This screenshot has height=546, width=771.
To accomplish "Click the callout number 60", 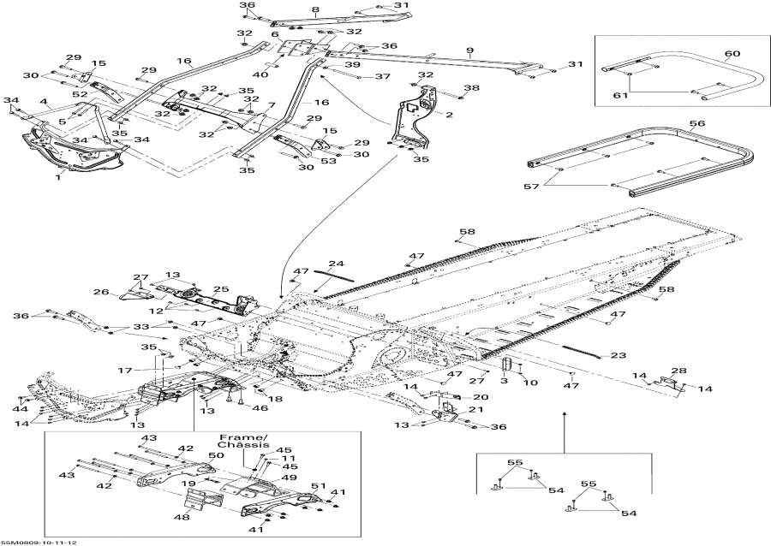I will (732, 53).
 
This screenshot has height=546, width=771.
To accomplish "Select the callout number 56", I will (697, 123).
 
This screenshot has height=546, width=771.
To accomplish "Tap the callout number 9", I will (469, 50).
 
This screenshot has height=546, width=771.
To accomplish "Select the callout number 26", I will (101, 293).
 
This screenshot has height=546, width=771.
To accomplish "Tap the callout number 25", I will (220, 289).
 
